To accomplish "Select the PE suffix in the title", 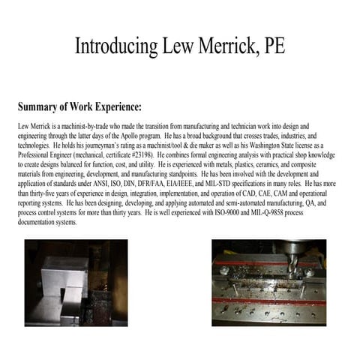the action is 271,46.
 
